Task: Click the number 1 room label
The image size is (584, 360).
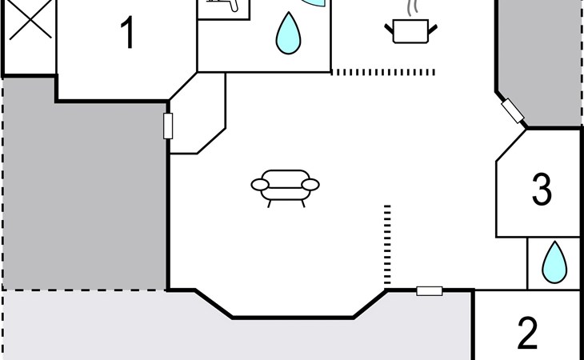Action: [126, 34]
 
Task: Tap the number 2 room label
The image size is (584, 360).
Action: [527, 334]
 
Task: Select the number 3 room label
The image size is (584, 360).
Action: [542, 190]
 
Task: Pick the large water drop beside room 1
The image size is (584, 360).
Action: [289, 31]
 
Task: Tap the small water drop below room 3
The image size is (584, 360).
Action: [554, 262]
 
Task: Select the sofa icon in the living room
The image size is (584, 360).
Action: [285, 186]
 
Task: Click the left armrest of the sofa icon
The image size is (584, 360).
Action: [261, 186]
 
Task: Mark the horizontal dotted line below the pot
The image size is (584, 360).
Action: [384, 72]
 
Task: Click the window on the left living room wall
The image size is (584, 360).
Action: [168, 126]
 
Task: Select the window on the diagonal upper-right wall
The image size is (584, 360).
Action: [513, 111]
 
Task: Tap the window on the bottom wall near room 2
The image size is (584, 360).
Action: [430, 291]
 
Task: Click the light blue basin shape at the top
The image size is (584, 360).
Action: [310, 4]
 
